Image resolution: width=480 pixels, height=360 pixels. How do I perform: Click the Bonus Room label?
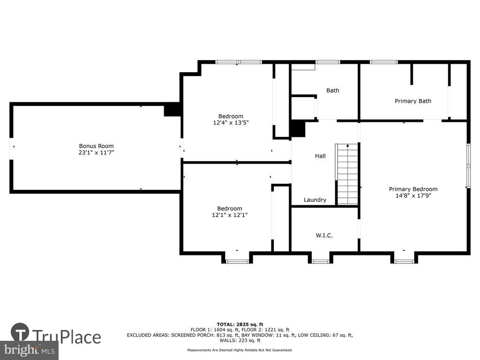96,146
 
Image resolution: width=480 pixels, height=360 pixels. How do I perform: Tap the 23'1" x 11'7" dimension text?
96,152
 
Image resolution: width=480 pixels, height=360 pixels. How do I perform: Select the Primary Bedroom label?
413,189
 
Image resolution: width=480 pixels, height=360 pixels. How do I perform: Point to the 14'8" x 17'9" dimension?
413,195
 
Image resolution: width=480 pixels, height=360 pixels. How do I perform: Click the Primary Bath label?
412,101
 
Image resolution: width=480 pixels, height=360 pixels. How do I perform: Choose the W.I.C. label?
324,235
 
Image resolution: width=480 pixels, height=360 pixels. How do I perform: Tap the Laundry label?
315,200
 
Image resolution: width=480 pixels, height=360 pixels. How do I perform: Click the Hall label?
320,156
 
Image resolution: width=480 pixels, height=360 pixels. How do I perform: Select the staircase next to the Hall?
347,174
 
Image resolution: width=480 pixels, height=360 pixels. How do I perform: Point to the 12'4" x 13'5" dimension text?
231,123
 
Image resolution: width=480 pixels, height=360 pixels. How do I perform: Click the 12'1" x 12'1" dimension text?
230,215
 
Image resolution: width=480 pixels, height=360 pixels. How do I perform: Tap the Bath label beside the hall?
332,90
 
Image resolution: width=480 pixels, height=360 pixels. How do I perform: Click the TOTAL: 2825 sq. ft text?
240,324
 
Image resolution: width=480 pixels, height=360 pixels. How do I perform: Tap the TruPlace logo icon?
20,332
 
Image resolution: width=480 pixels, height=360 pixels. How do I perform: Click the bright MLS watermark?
29,350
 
